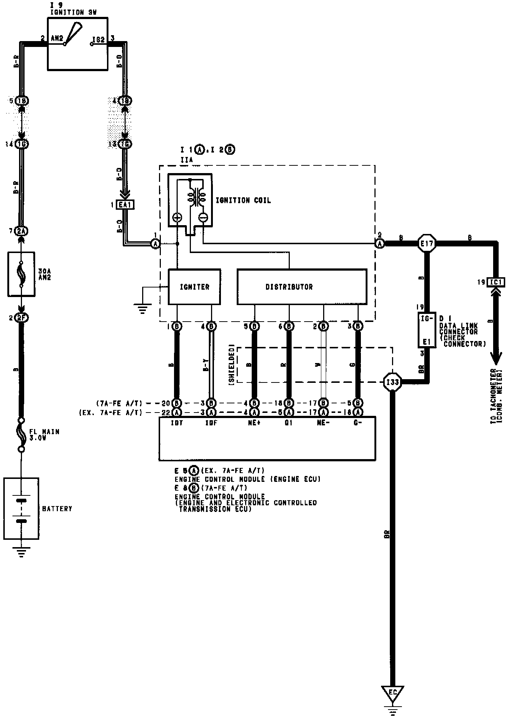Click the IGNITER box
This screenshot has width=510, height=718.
click(x=194, y=287)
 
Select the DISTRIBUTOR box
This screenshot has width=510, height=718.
click(x=302, y=287)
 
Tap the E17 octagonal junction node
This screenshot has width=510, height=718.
click(x=427, y=243)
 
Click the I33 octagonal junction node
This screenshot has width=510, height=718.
click(x=392, y=382)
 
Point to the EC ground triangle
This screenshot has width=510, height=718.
click(x=392, y=692)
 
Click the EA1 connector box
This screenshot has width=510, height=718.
click(x=125, y=205)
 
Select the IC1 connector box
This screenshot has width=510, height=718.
click(x=496, y=282)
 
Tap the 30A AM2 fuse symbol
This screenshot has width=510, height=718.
click(x=21, y=274)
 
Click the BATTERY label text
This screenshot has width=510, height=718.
click(x=57, y=509)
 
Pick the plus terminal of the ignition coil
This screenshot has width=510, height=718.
click(x=177, y=217)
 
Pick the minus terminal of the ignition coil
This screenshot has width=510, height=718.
click(x=203, y=217)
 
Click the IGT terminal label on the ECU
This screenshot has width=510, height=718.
click(x=177, y=423)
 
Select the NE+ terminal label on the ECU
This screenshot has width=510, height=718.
click(x=254, y=423)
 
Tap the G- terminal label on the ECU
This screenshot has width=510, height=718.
click(x=358, y=423)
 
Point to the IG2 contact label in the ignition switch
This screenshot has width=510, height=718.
click(x=99, y=38)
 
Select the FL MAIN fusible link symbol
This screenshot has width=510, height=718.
click(x=22, y=435)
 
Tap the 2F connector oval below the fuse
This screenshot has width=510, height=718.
click(x=21, y=318)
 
